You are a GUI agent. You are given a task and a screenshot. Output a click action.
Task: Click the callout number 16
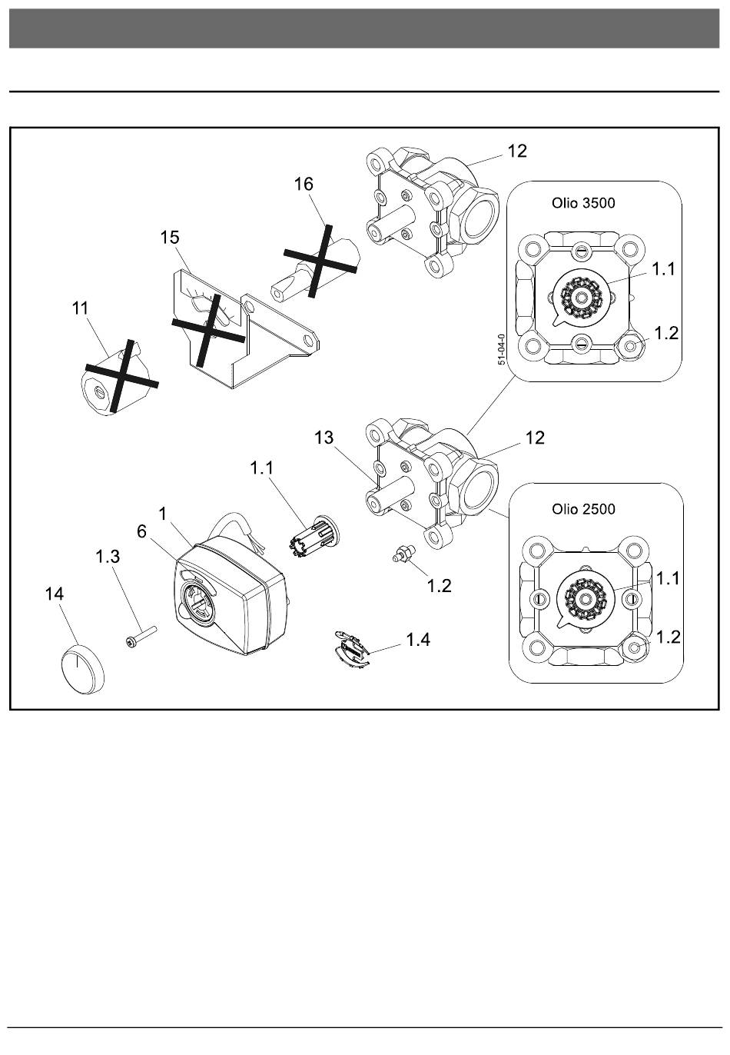tap(304, 185)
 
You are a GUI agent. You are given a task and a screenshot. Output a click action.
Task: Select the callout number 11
tap(80, 309)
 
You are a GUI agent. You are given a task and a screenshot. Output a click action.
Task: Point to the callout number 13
tap(324, 438)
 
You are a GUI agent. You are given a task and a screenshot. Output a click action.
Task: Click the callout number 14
tap(55, 594)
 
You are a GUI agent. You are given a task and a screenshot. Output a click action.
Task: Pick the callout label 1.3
tap(108, 557)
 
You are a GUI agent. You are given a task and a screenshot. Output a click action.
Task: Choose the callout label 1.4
tap(418, 639)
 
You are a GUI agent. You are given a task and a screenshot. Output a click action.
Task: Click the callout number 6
tap(142, 531)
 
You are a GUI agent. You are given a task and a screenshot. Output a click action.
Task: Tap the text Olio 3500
tap(583, 204)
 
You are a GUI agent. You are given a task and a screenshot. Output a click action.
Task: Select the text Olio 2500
tap(583, 509)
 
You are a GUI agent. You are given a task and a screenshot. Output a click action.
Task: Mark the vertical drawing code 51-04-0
tap(502, 350)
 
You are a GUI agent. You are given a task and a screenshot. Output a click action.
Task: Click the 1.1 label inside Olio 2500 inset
tap(669, 578)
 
